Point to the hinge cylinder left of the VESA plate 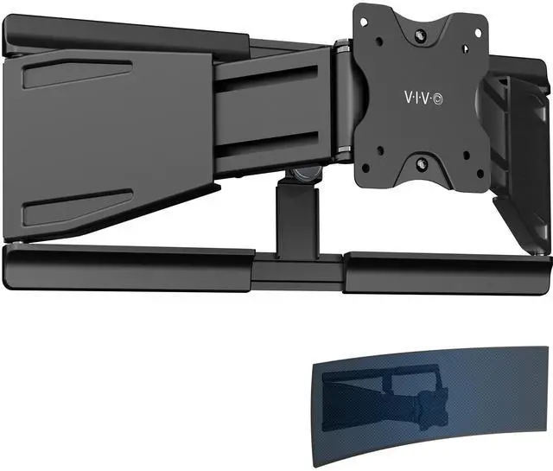(x=344, y=108)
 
